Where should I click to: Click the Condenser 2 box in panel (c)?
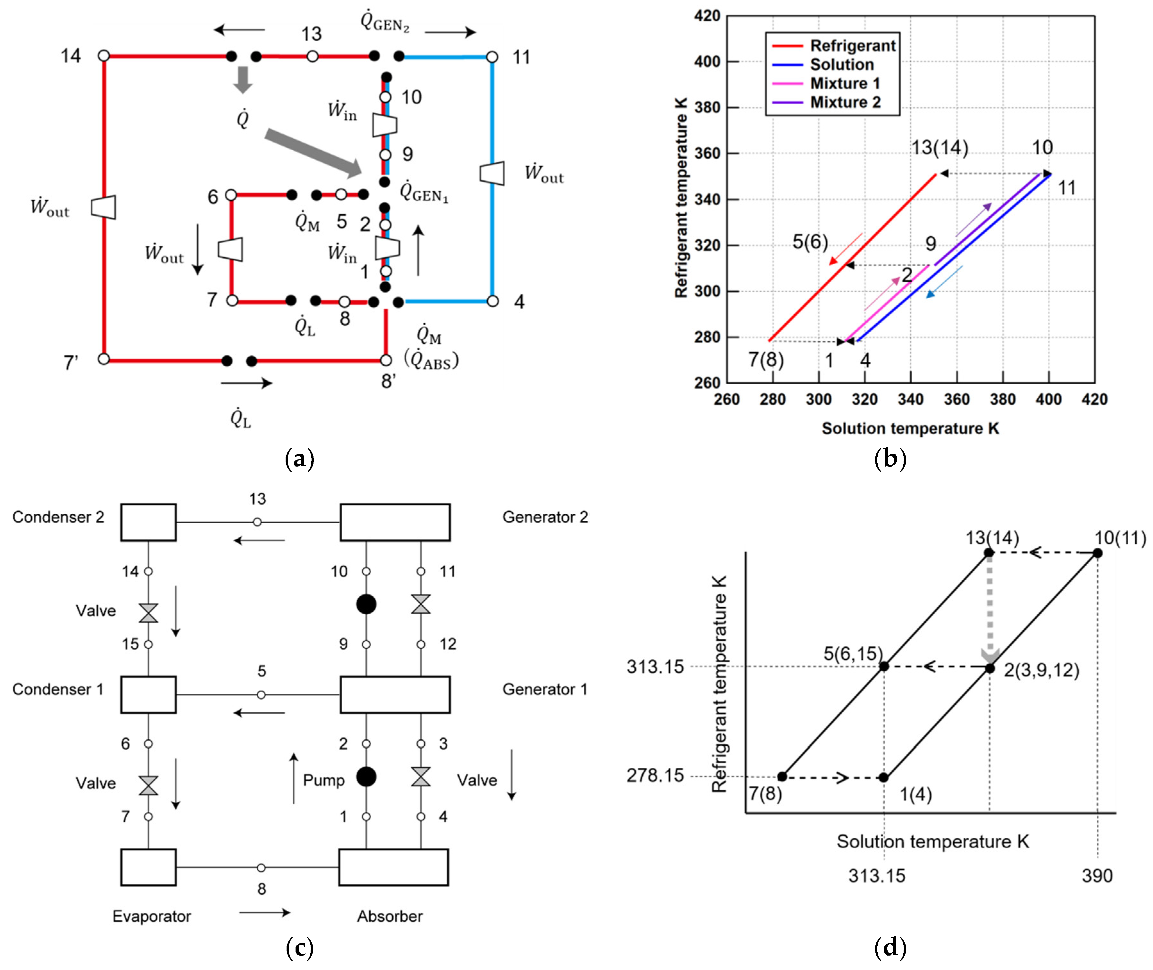coord(148,522)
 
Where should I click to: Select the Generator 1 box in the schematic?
coord(395,694)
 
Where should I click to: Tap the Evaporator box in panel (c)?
coord(148,867)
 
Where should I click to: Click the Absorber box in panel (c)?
coord(393,867)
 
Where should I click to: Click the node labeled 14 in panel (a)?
coord(104,55)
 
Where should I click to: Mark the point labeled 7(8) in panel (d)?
coord(782,776)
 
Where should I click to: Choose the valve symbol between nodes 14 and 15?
coord(148,613)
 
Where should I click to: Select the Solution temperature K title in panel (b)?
coord(910,428)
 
